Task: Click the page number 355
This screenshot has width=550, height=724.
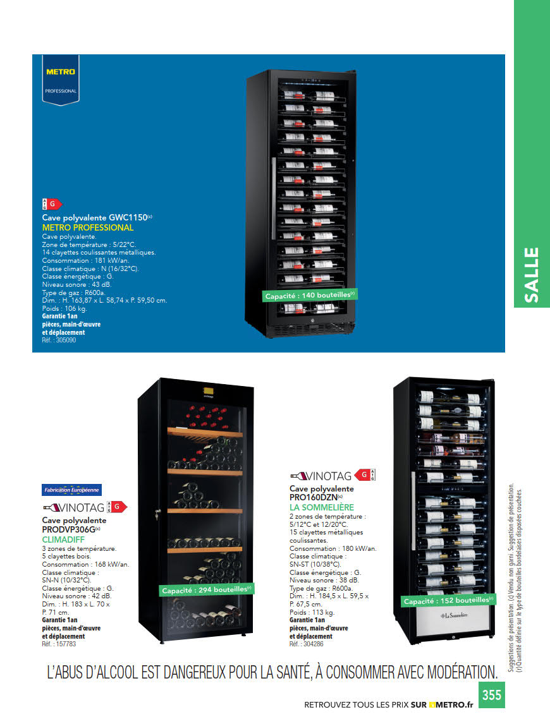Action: point(491,695)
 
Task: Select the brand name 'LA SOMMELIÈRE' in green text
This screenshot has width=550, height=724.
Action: point(322,507)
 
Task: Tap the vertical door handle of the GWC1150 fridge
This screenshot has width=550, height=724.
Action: point(273,189)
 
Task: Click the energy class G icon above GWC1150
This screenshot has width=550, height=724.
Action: point(52,203)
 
